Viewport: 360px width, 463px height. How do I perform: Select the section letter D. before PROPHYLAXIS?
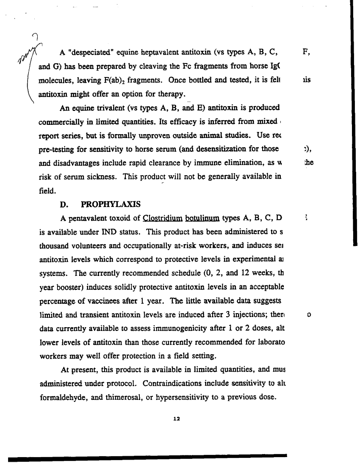[x=64, y=204]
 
